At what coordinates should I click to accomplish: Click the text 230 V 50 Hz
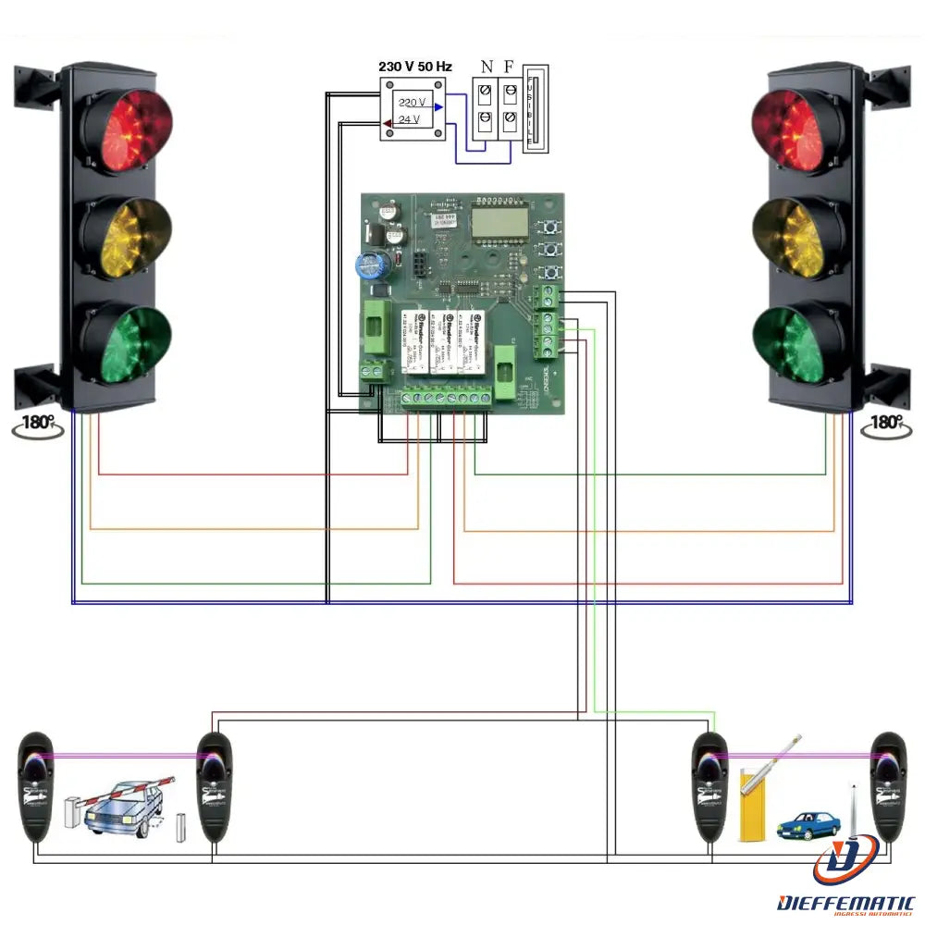(x=415, y=68)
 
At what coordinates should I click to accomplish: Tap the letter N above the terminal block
(x=487, y=67)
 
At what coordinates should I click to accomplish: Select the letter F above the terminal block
(x=509, y=67)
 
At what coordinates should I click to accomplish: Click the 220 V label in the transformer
(x=412, y=102)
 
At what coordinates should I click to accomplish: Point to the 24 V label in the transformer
(x=409, y=119)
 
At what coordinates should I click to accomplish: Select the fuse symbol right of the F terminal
(x=536, y=108)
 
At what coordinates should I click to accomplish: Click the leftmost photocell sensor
(x=37, y=786)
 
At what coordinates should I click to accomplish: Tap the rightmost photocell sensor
(x=889, y=786)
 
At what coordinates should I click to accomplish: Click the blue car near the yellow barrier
(x=808, y=825)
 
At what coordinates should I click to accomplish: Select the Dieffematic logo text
(x=846, y=902)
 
